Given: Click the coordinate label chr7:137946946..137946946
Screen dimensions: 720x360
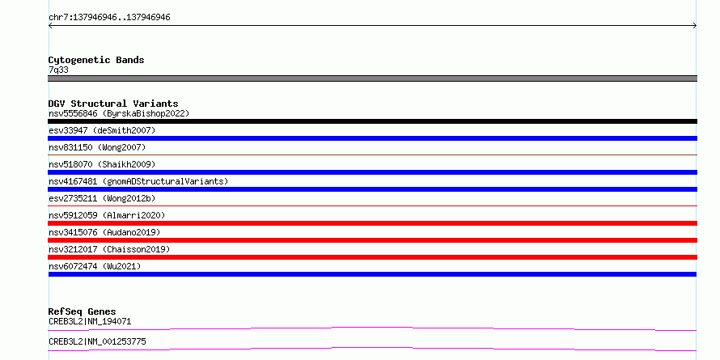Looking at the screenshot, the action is click(x=109, y=18).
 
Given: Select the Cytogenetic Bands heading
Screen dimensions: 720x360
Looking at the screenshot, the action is click(x=96, y=60).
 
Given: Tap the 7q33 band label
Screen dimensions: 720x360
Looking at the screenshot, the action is click(x=59, y=70).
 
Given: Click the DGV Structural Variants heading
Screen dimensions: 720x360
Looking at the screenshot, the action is click(x=113, y=104).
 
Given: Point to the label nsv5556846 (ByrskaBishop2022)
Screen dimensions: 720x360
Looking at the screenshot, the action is click(x=119, y=113).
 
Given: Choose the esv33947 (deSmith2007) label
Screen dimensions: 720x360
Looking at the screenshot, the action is click(x=102, y=130).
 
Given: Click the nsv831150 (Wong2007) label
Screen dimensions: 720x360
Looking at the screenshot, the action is click(x=97, y=147).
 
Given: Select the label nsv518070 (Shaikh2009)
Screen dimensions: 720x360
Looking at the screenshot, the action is click(x=102, y=164).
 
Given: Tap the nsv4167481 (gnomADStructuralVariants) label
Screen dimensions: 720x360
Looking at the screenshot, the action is click(x=138, y=181).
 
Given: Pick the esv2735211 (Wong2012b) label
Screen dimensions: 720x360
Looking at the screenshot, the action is click(x=102, y=198).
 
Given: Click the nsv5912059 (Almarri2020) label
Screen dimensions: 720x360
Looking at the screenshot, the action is click(x=107, y=215).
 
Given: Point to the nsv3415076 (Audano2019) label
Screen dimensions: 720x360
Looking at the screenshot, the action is click(x=104, y=232).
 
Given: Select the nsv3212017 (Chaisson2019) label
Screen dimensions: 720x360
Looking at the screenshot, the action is click(x=109, y=249).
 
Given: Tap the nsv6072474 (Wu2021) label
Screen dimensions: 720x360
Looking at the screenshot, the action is click(x=95, y=266).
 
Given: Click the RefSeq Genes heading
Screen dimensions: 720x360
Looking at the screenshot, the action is click(x=83, y=311).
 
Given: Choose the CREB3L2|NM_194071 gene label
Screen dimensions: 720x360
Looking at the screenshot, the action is click(x=90, y=321).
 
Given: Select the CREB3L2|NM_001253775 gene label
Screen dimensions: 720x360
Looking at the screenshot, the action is click(x=97, y=341).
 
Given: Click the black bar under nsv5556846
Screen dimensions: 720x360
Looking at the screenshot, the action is click(x=372, y=121).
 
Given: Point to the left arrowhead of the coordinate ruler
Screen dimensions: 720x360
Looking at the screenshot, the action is click(x=49, y=26).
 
